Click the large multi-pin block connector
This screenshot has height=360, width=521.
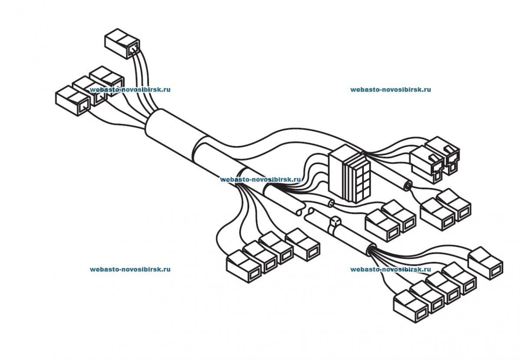coord(349,174)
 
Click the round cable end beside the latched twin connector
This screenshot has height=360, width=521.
coord(407,186)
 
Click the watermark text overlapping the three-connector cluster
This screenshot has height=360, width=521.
coord(130,90)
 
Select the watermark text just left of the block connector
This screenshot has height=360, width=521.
coord(260,179)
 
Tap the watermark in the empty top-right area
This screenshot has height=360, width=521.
coord(390,90)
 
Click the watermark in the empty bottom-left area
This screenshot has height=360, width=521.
coord(130,269)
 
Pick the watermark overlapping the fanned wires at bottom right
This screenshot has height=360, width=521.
coord(390,269)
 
